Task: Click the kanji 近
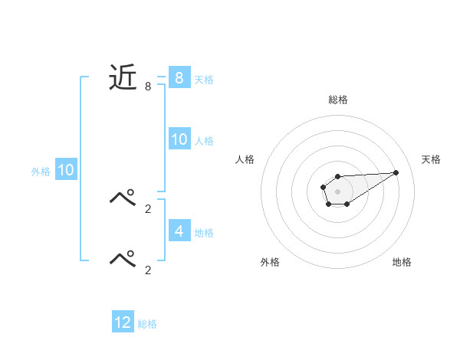[x=123, y=78]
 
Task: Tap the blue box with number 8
[x=179, y=78]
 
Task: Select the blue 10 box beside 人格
[x=179, y=139]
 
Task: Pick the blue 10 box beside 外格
[x=66, y=170]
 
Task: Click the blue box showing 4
[x=179, y=231]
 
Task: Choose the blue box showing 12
[x=123, y=322]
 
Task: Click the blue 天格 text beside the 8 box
[x=204, y=80]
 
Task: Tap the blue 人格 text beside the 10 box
[x=204, y=141]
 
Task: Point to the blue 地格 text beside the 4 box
[x=204, y=232]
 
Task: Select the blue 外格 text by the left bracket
[x=41, y=172]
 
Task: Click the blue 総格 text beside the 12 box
[x=147, y=324]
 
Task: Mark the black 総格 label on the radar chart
[x=337, y=100]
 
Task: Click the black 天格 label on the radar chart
[x=431, y=159]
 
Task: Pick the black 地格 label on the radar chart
[x=402, y=262]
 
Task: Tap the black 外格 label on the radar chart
[x=270, y=262]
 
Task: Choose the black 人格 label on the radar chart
[x=245, y=159]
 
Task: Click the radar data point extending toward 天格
[x=396, y=172]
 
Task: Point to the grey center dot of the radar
[x=337, y=191]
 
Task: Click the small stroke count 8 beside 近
[x=148, y=87]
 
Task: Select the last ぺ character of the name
[x=123, y=257]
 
